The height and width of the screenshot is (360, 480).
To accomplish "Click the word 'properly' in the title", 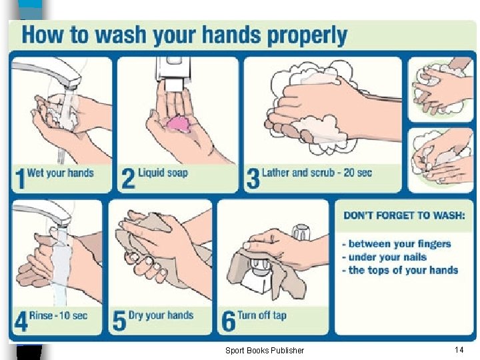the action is coord(307,36).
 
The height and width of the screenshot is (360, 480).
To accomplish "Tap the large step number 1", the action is coord(20,179).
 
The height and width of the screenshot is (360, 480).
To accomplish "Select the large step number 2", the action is coord(128,179).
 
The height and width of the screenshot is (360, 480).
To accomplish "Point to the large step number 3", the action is coord(253,179).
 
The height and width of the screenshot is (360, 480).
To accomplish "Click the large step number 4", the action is coord(21,321).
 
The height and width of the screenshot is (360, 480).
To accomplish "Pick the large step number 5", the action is coord(119,321).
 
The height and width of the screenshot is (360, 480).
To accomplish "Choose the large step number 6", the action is coord(229,321).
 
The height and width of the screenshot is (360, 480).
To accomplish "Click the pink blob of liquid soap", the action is coord(179,125).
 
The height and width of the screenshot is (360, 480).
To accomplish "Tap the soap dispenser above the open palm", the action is coord(173,73).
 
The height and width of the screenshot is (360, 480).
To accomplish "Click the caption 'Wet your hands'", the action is coord(60,173).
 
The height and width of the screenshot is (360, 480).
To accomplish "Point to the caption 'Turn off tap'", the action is coord(262,315).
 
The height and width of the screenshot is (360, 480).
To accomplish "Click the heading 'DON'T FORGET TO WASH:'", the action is coord(404,215).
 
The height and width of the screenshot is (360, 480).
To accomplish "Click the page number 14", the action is coord(459,349).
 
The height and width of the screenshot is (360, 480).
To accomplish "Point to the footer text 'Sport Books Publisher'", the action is coord(265,350).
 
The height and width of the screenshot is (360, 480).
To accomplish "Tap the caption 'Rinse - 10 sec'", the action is coord(58,315).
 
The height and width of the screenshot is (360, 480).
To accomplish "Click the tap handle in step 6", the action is coord(301,233).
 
